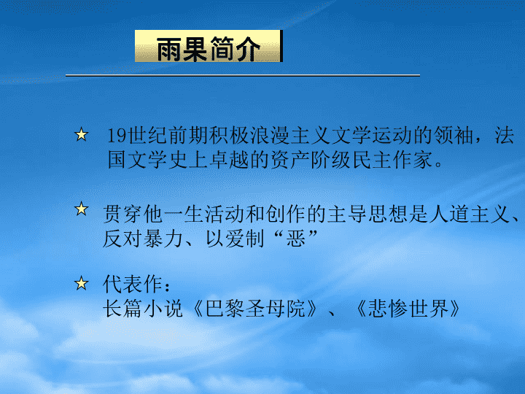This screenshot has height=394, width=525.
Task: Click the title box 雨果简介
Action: [209, 46]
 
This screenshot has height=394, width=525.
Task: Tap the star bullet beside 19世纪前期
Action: [82, 135]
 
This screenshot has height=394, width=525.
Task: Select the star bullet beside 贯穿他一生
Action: [82, 209]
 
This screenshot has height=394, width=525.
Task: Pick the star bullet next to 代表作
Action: [82, 283]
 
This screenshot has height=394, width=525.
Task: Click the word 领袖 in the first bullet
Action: [454, 136]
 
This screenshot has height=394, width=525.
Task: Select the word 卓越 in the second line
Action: [230, 160]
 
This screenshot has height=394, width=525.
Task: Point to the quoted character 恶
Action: [295, 239]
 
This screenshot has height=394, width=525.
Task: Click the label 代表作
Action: [133, 285]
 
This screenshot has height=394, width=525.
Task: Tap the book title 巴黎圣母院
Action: [254, 309]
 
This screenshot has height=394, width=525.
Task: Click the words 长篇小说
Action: [143, 309]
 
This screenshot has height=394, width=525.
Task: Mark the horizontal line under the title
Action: [243, 75]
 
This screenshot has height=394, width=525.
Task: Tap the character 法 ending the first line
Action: [505, 136]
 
